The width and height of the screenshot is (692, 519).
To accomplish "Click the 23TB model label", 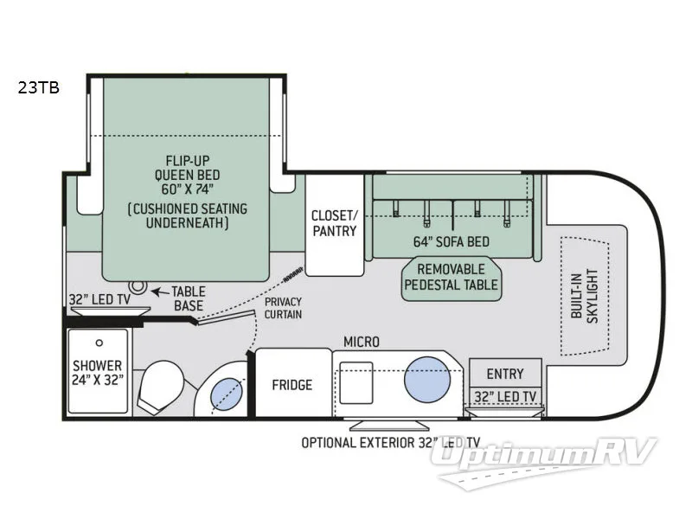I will [36, 86].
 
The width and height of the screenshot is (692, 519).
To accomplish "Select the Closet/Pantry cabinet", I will [335, 223].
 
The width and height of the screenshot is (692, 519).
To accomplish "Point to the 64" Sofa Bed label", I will [452, 240].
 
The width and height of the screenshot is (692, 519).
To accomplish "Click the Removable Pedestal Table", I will [452, 276].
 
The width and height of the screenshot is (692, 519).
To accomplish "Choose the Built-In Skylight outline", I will [585, 294].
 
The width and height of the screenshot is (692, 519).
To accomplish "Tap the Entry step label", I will [504, 374].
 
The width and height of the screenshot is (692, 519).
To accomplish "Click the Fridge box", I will [292, 384].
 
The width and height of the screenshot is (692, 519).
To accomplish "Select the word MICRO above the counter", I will [361, 343].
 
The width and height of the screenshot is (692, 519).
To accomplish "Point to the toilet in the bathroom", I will [161, 386].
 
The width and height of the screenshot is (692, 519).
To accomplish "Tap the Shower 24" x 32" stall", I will [98, 372].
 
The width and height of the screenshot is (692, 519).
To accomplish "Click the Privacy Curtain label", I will [283, 308].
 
